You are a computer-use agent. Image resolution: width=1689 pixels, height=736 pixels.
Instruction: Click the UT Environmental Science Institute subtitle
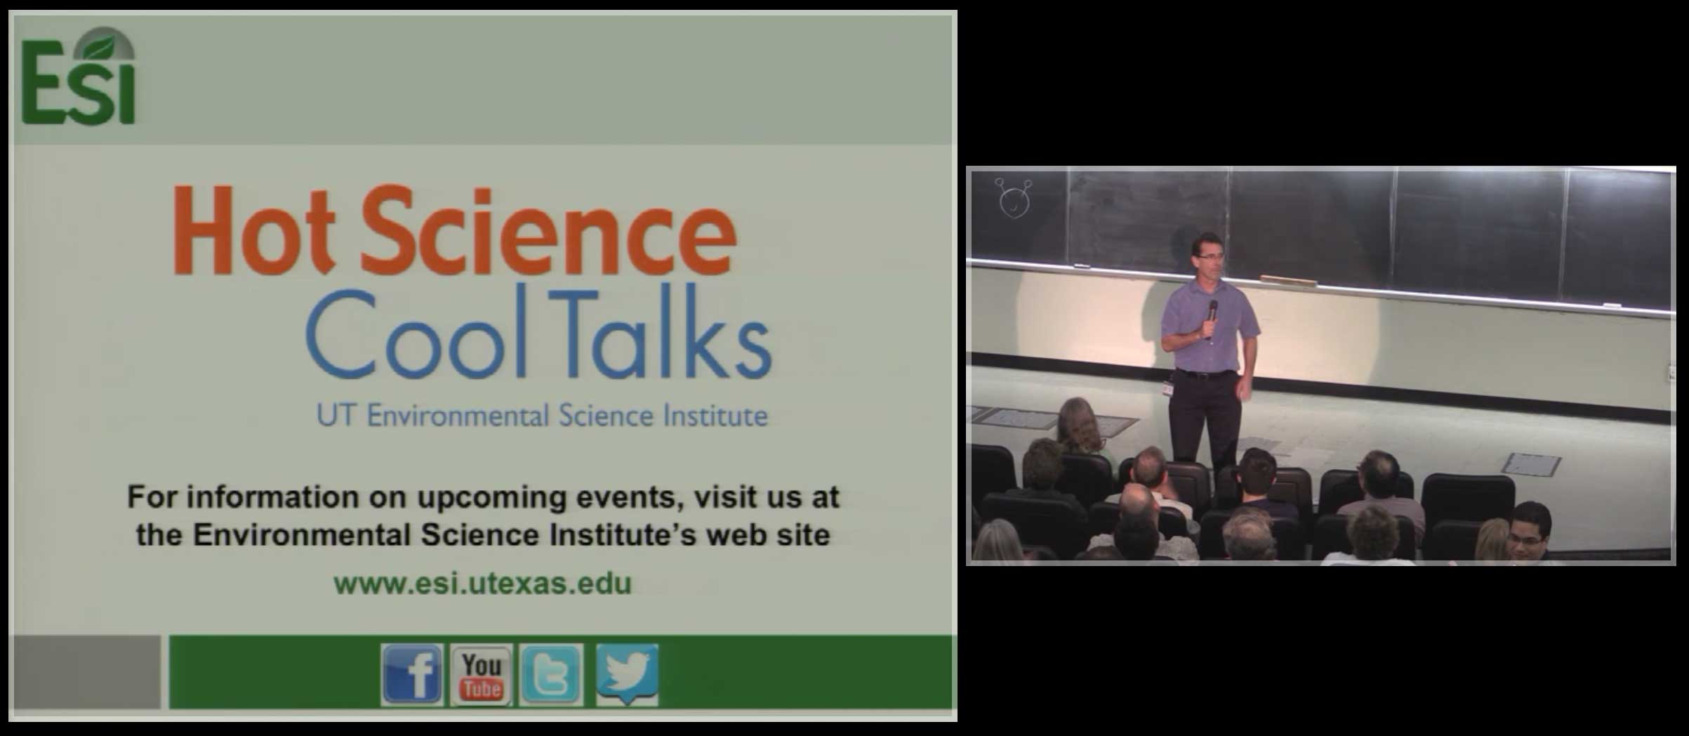coord(542,416)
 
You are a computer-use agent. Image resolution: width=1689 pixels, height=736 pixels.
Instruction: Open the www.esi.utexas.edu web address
coord(482,584)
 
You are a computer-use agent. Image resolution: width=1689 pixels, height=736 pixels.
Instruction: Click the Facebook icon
coord(412,675)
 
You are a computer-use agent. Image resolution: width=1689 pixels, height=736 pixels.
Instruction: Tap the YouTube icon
coord(482,675)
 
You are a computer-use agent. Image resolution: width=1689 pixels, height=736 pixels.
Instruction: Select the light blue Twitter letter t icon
coord(551,675)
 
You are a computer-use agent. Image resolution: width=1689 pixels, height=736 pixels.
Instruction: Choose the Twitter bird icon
coord(627,675)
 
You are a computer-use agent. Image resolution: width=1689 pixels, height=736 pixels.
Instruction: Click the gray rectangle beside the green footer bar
coord(87,672)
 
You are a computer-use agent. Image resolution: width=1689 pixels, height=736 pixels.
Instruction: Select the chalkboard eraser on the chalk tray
coord(1288,281)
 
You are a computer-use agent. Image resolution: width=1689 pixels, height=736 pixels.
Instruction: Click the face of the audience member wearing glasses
coord(1529,532)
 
